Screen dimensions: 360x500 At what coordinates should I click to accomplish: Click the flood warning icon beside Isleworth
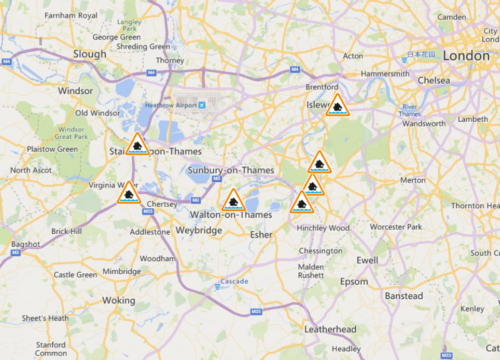point(337,106)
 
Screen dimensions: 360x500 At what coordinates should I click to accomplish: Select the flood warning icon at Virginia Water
point(129,194)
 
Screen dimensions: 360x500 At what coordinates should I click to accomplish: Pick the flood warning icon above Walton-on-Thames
point(233,201)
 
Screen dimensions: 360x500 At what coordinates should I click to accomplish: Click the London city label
point(466,56)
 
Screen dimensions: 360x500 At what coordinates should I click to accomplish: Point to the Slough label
point(90,54)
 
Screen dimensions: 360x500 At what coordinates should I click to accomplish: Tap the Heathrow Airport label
point(171,105)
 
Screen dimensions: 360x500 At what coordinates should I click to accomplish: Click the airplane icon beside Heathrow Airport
point(202,105)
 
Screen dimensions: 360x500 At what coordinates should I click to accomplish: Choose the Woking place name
point(119,300)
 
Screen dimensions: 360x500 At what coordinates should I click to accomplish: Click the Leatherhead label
point(330,330)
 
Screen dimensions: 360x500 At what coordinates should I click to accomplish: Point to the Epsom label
point(354,282)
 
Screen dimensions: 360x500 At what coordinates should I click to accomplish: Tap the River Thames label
point(409,110)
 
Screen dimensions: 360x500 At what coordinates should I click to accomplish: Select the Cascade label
point(234,282)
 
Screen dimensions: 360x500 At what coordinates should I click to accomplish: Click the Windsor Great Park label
point(71,133)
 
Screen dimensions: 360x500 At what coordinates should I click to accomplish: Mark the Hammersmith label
point(385,74)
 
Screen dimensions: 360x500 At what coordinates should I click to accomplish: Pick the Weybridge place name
point(199,230)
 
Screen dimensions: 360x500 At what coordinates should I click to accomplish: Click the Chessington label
point(320,251)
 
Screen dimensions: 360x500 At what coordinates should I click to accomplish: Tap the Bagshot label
point(26,244)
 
